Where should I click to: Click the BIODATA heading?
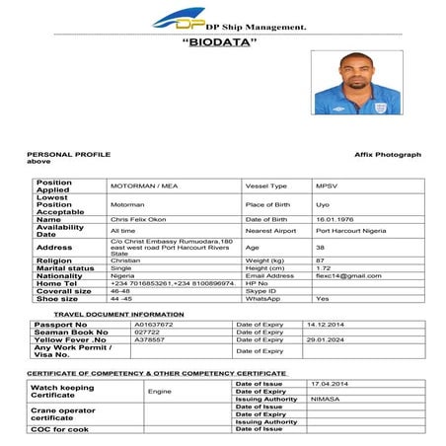[221, 43]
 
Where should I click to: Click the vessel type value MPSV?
[327, 186]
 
